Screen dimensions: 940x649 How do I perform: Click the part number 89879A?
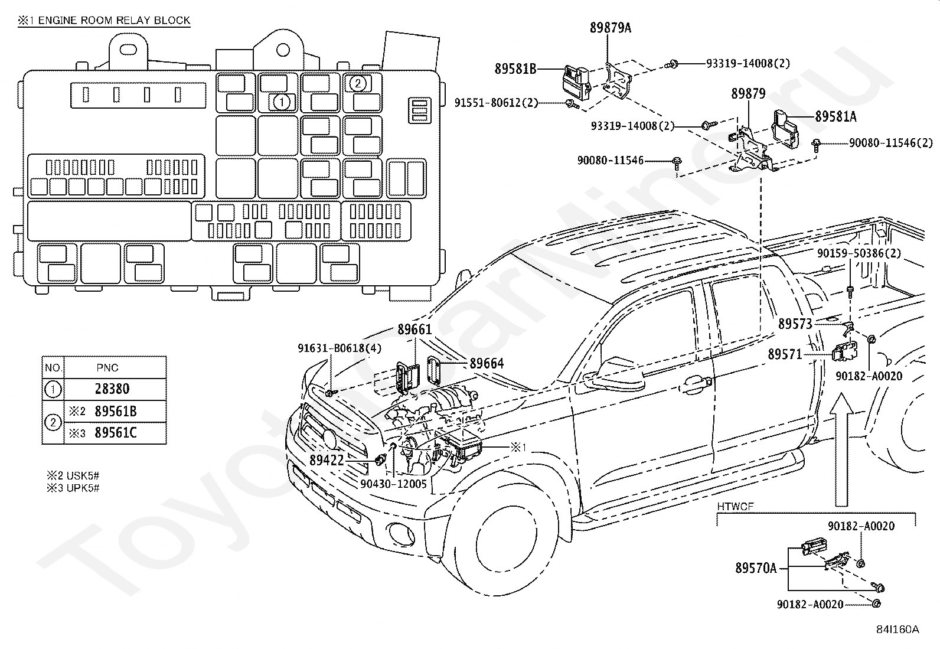point(610,28)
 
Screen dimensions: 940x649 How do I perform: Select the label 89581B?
point(515,69)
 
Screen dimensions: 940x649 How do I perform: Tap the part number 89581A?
point(835,117)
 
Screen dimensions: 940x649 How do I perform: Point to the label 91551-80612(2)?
point(496,103)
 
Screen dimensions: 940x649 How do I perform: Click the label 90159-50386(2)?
point(859,253)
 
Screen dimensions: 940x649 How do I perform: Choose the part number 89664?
point(487,363)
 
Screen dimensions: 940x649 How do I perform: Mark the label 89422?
point(327,460)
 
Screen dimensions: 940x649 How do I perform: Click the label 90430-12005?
point(393,484)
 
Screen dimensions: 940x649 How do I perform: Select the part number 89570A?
point(756,568)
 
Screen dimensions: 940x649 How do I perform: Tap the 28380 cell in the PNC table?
point(112,389)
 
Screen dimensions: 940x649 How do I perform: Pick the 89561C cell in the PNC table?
point(115,433)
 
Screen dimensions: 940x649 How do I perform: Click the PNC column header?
point(107,368)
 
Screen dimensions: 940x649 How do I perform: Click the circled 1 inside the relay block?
point(282,102)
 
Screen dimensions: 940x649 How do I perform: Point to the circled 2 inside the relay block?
point(358,83)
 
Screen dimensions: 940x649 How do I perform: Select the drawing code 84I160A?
point(897,630)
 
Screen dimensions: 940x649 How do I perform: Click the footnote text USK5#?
point(83,475)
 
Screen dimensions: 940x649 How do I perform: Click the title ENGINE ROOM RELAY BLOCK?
point(114,20)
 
